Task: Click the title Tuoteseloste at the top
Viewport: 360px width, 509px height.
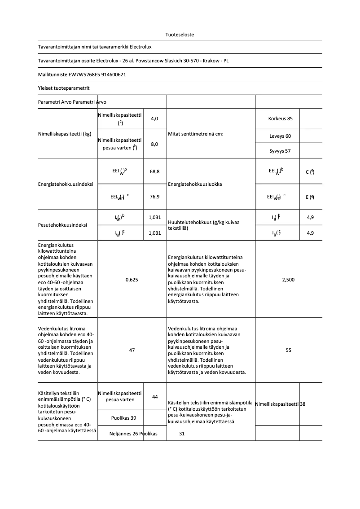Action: (180, 35)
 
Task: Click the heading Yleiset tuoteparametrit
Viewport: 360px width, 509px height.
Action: (63, 88)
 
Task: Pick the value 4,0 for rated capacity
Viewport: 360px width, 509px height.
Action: (154, 118)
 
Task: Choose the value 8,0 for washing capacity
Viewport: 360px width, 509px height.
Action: (154, 144)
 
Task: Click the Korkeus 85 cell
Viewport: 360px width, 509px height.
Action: (280, 118)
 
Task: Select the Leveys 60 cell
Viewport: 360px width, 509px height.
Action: (280, 136)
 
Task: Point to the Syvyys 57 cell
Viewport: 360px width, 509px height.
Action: (280, 151)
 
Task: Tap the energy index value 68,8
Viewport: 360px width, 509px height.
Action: (154, 171)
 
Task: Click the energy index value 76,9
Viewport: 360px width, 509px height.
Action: (154, 197)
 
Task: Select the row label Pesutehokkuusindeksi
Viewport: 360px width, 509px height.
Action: (62, 225)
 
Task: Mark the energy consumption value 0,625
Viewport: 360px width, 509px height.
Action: (132, 280)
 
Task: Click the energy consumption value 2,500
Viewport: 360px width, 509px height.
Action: (288, 280)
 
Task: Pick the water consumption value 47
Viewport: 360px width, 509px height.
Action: (132, 350)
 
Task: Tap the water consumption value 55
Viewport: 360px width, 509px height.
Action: (288, 350)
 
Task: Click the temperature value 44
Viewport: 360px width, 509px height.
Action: (155, 397)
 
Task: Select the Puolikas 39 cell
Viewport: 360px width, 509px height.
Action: (123, 418)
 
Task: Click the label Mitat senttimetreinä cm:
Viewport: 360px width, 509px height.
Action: (195, 134)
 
